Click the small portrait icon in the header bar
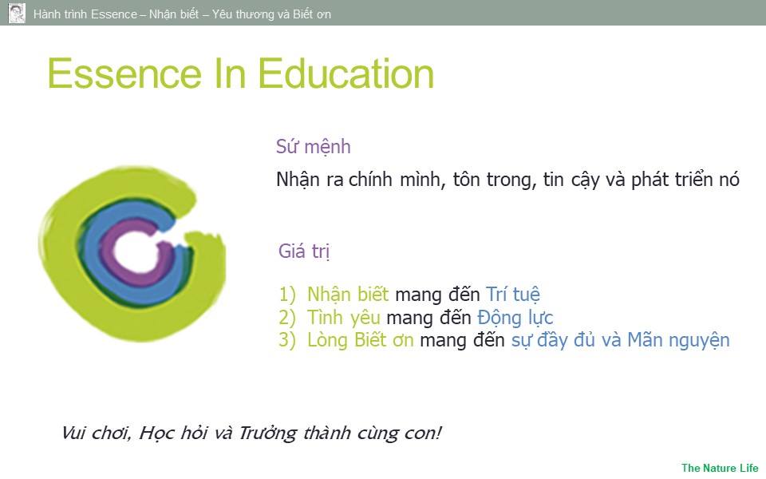[17, 14]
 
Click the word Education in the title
[345, 73]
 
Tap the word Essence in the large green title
[124, 73]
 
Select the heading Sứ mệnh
[313, 147]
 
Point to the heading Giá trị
[304, 251]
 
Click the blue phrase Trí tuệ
[513, 295]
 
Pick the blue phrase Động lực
[515, 318]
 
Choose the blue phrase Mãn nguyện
[678, 340]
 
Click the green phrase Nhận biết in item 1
[348, 295]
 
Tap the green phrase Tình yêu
[343, 318]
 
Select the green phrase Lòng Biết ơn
[361, 340]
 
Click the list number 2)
[287, 318]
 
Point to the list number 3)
[287, 340]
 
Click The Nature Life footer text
[720, 468]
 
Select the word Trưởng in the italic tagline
[268, 433]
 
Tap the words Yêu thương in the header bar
[243, 14]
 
